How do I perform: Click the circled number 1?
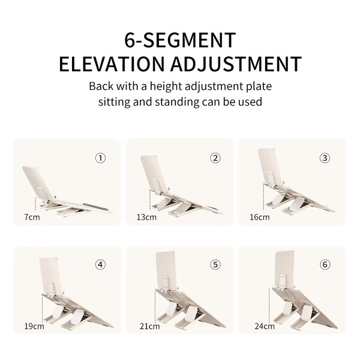100,158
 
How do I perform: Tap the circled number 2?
215,158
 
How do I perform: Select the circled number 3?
325,158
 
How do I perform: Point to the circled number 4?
100,265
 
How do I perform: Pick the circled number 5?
215,265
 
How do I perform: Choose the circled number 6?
325,265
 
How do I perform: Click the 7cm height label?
32,217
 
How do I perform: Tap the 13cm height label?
146,217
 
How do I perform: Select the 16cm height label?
260,217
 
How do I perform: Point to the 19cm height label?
34,326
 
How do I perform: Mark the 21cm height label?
149,326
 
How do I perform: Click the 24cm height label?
265,326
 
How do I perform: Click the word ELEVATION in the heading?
112,64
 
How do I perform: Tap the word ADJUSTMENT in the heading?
236,64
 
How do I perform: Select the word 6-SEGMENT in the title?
180,40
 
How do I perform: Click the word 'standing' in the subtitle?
177,102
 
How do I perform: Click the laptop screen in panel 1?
37,183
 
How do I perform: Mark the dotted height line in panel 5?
155,307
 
